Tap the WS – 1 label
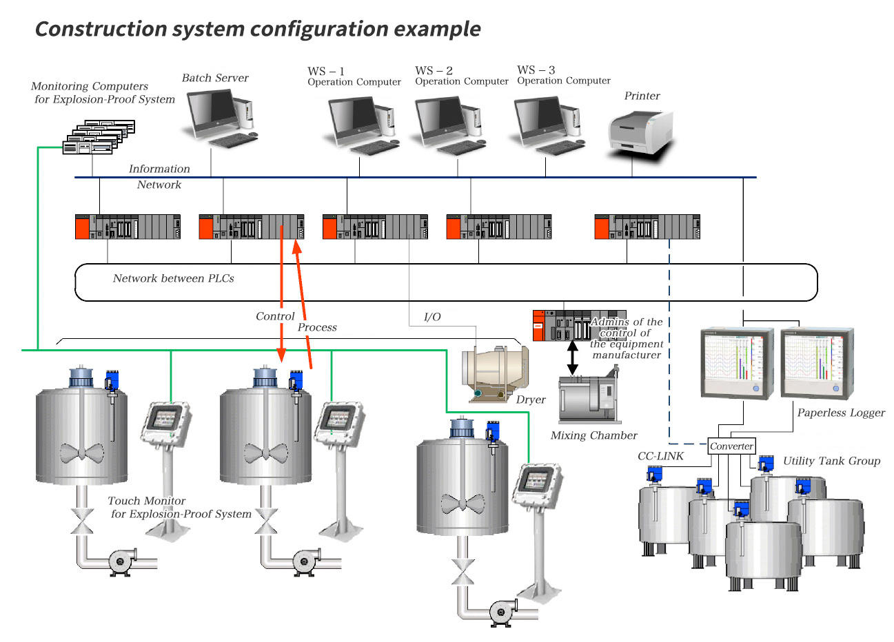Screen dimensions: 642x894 click(326, 71)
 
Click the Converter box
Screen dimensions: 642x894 click(731, 446)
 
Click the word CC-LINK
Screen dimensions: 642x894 click(660, 456)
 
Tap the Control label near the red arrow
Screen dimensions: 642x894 click(275, 316)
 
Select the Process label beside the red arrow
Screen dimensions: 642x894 click(317, 327)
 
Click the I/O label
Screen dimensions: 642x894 click(432, 317)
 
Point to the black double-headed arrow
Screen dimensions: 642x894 click(572, 358)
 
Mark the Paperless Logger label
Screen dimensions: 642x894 click(841, 413)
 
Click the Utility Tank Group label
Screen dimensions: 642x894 click(831, 461)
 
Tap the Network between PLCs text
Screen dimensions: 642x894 click(173, 278)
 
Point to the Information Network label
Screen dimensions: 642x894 click(159, 176)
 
